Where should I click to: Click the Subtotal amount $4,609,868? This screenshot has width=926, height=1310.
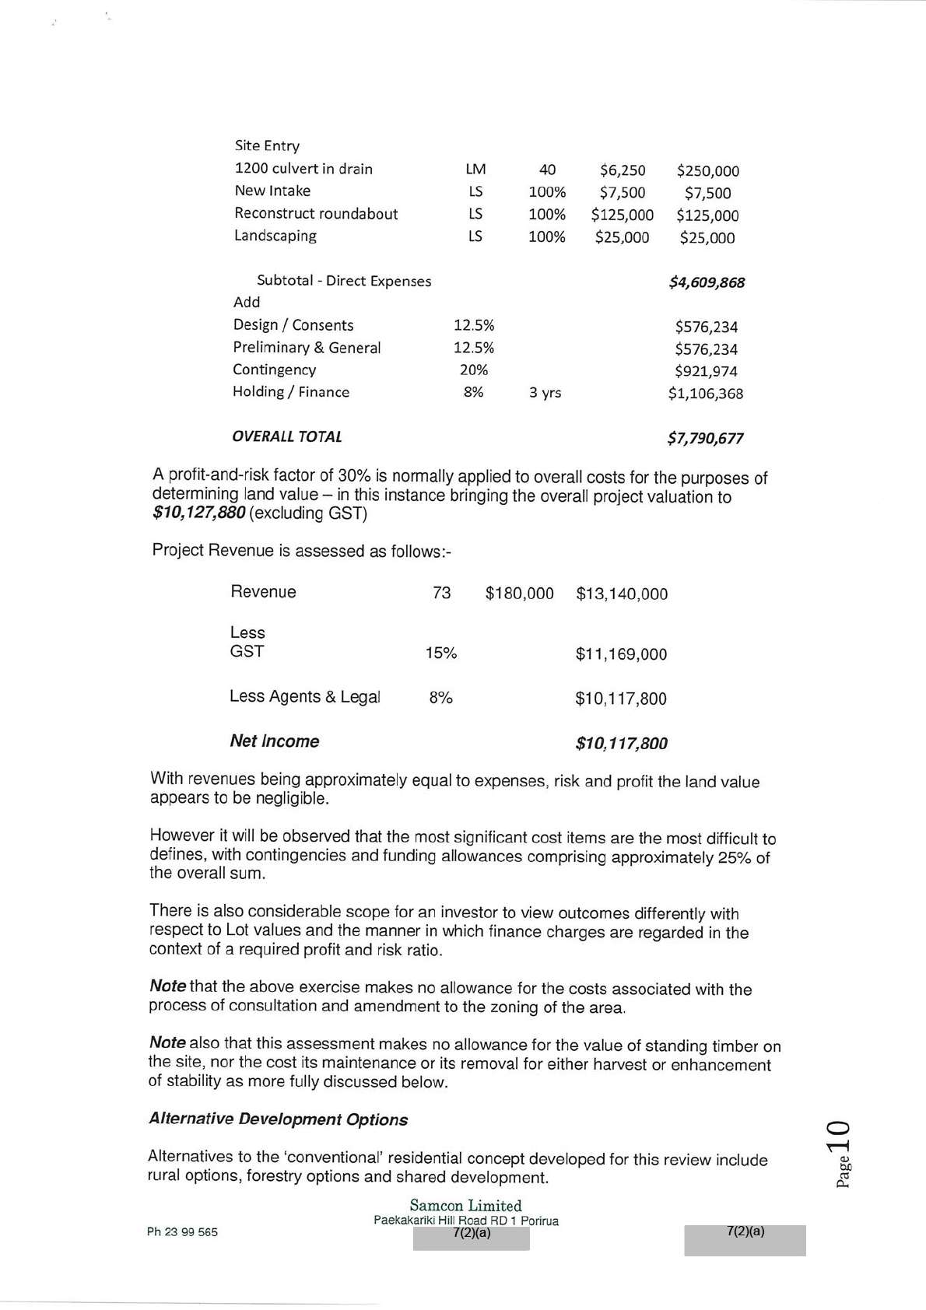(x=706, y=282)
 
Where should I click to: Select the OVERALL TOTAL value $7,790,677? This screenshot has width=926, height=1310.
(x=705, y=438)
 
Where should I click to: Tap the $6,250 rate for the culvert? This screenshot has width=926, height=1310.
(x=622, y=170)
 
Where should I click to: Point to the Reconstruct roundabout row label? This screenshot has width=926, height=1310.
(x=316, y=214)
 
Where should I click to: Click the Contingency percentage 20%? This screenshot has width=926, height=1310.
(x=474, y=370)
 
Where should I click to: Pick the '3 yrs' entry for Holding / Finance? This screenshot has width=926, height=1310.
(x=545, y=393)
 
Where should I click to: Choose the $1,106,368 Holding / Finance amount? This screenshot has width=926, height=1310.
(x=705, y=394)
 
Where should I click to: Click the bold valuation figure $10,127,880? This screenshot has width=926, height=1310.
(x=199, y=513)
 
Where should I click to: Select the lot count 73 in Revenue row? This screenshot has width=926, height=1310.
(x=441, y=593)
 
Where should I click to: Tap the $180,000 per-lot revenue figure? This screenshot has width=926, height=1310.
(x=519, y=594)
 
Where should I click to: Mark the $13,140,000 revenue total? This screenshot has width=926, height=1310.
(x=621, y=594)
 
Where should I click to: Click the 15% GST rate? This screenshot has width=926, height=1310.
(x=440, y=653)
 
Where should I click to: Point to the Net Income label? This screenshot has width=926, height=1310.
(x=274, y=741)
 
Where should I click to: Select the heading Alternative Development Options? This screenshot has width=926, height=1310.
(x=278, y=1119)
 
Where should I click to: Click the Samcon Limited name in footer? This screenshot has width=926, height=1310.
(x=465, y=1206)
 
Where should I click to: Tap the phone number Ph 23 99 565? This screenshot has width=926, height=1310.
(x=182, y=1232)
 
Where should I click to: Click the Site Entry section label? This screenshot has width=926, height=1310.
(x=267, y=146)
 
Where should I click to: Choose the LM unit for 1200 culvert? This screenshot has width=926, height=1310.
(x=475, y=170)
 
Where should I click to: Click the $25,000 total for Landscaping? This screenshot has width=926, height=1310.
(x=707, y=238)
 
